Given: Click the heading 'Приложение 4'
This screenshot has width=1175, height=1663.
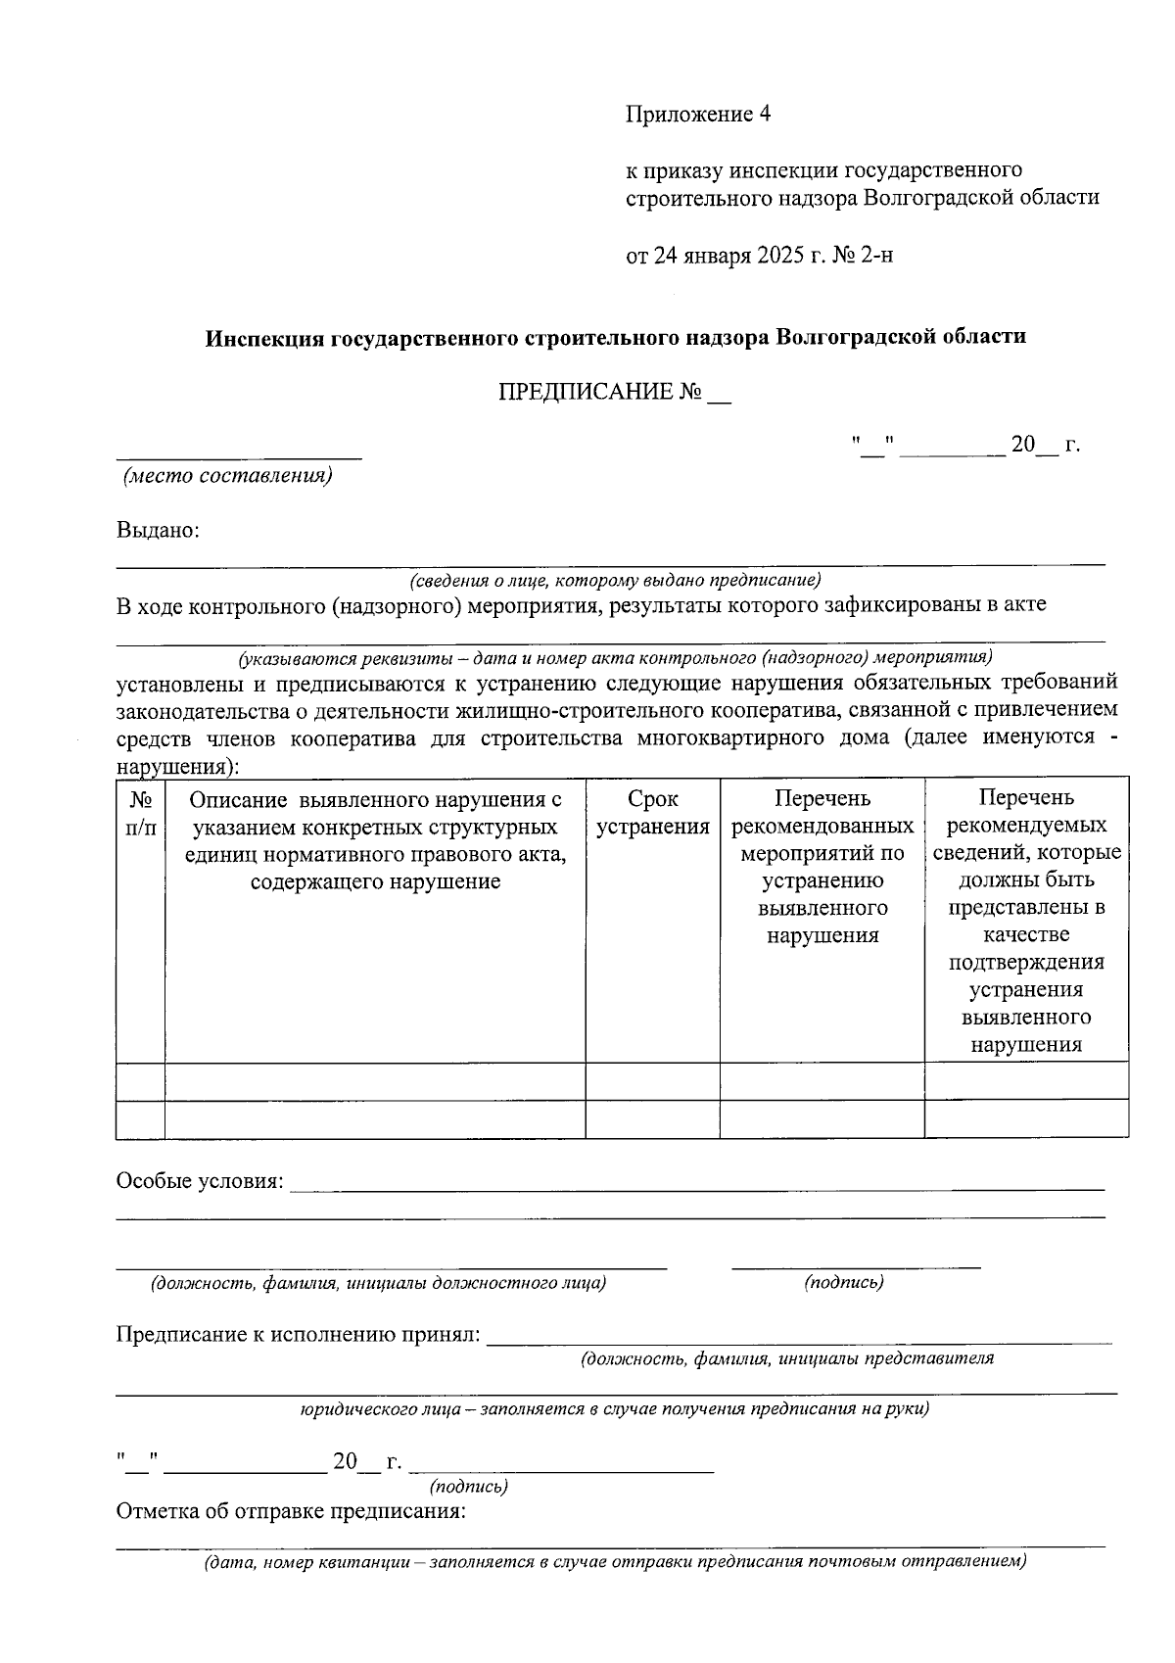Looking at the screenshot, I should [698, 115].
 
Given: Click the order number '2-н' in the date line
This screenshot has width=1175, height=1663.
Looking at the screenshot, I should [877, 257].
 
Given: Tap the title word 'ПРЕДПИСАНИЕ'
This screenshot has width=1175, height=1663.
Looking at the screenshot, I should [586, 393].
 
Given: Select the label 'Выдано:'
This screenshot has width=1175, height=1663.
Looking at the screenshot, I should [158, 531].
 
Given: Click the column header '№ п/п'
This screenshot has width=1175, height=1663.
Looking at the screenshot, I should [140, 813].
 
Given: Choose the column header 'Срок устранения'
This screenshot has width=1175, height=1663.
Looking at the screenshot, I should [652, 813].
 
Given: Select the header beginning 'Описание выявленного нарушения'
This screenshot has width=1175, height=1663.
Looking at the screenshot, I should [375, 840].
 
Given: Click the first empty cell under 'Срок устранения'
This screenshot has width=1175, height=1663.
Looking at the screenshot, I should [652, 1081].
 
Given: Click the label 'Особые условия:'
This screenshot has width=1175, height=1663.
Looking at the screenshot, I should [200, 1181].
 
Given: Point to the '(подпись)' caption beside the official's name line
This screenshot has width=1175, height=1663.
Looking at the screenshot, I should [844, 1283].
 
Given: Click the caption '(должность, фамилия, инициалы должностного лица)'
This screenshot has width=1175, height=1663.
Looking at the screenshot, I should [377, 1283].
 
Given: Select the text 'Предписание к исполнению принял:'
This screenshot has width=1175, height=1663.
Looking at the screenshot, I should [299, 1335].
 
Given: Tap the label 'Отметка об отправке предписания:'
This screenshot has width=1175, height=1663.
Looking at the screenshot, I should [291, 1511].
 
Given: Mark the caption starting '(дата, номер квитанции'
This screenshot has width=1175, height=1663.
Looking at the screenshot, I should [614, 1562].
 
